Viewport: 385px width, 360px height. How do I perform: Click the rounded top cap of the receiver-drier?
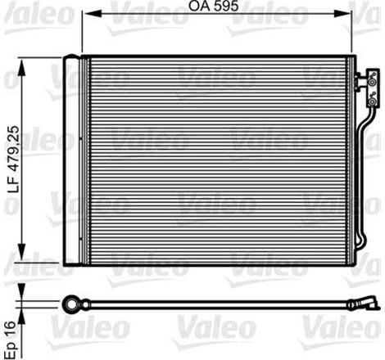click(75, 61)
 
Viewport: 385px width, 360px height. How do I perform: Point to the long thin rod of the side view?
click(213, 304)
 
